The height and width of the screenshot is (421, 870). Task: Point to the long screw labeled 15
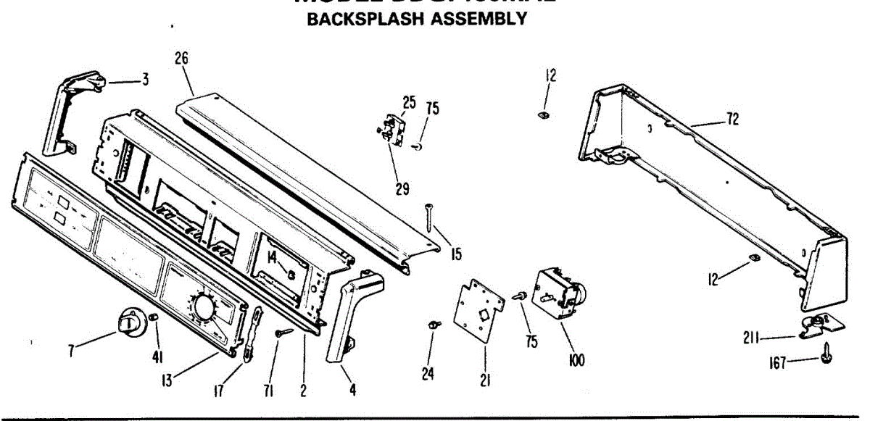[431, 217]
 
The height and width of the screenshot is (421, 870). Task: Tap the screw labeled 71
[283, 332]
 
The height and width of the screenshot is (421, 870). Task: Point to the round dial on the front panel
[202, 307]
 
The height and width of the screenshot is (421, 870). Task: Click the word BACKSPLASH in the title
[366, 20]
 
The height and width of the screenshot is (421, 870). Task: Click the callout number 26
[182, 57]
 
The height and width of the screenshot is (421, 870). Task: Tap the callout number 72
[732, 120]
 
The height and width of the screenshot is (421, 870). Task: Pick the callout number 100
[577, 360]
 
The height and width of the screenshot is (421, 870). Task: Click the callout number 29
[402, 190]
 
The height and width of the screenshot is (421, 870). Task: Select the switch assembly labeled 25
[392, 129]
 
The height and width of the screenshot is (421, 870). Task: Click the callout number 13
[167, 379]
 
